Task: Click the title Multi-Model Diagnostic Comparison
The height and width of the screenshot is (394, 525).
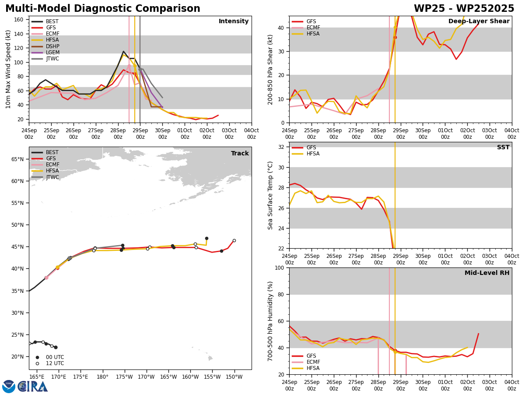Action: click(103, 9)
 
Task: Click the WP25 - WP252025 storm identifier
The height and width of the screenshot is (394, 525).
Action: click(464, 9)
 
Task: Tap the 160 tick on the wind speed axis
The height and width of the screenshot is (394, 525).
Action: click(18, 20)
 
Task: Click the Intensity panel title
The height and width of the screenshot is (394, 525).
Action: click(234, 21)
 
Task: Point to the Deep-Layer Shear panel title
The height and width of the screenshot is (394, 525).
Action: click(479, 21)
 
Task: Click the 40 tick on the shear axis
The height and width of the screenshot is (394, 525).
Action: click(280, 28)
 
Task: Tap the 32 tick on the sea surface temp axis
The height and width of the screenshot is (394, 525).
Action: click(280, 147)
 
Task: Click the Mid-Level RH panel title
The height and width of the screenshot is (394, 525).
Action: click(487, 273)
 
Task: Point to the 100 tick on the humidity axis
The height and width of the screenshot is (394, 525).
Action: click(279, 267)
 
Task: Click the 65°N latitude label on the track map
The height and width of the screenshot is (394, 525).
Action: click(17, 159)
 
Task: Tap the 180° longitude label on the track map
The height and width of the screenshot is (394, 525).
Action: click(103, 377)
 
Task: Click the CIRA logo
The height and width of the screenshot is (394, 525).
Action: click(25, 387)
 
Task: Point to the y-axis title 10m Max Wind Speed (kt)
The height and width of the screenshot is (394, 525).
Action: click(8, 69)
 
